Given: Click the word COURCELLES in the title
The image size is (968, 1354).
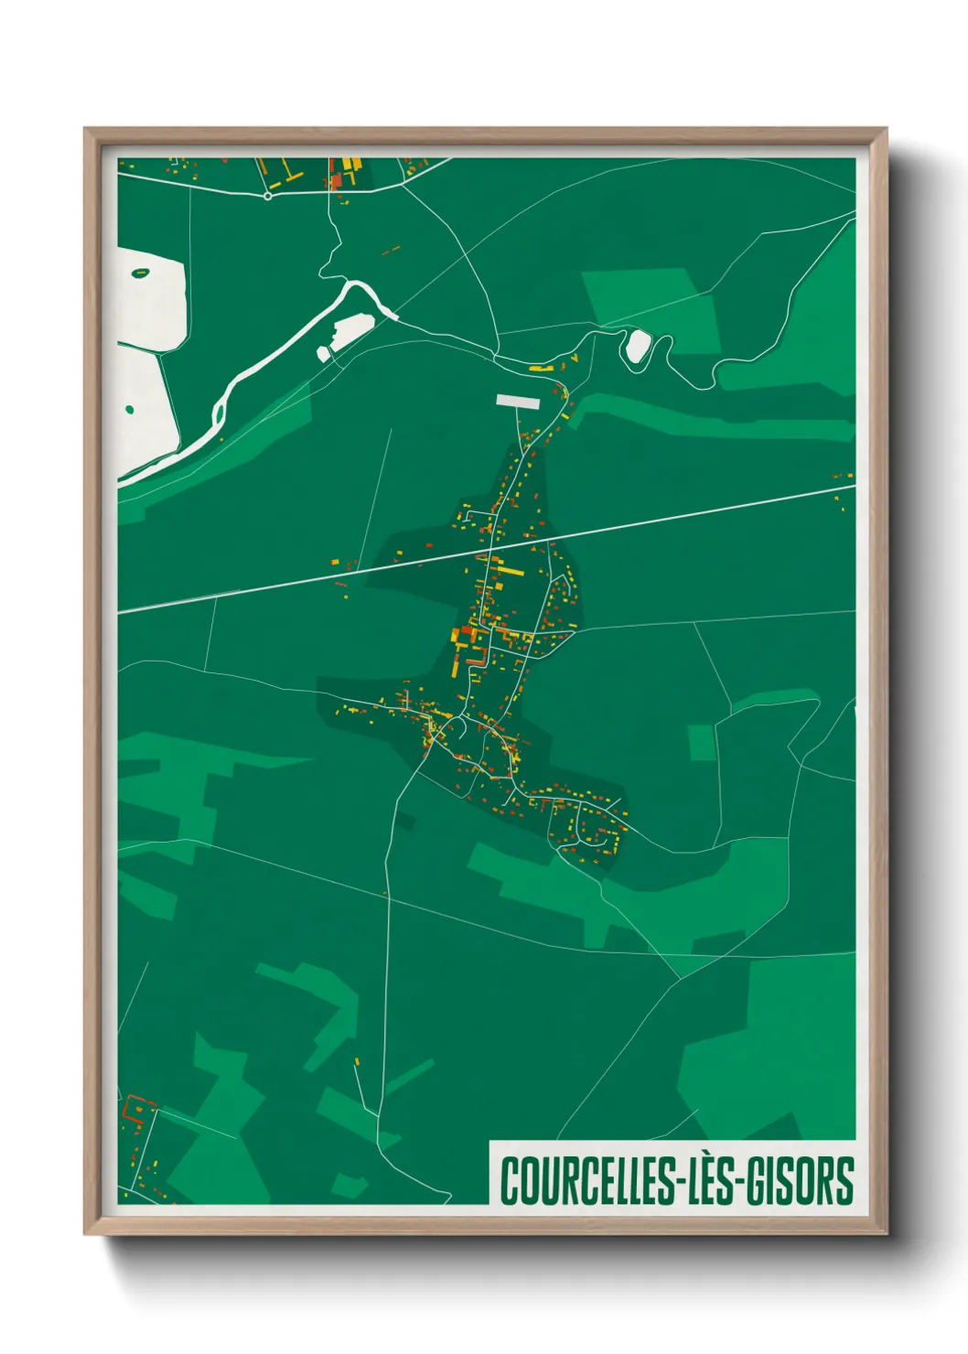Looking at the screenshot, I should click(586, 1181).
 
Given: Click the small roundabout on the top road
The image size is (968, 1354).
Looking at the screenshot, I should click(267, 196).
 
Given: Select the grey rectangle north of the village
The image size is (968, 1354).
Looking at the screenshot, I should click(519, 400).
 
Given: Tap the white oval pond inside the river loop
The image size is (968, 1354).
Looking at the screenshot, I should click(637, 346).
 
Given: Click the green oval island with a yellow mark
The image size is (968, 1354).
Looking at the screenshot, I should click(140, 272).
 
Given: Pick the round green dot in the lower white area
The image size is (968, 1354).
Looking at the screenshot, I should click(129, 410).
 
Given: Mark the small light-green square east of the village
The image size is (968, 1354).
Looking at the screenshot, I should click(701, 742).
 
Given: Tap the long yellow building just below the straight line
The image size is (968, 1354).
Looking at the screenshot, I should click(509, 571).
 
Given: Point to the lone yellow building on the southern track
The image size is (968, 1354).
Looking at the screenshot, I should click(357, 1062).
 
